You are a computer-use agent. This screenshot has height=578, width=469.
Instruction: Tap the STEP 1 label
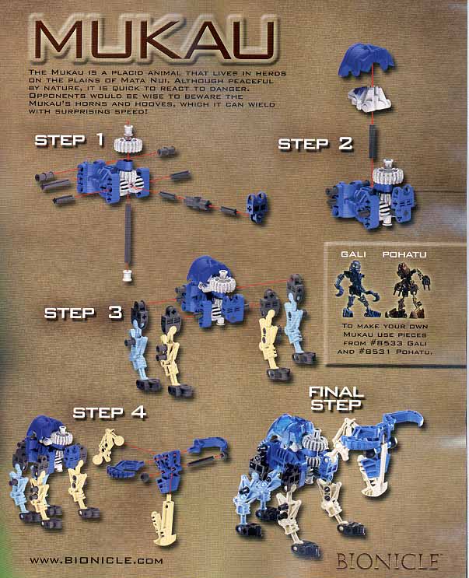[x=69, y=141]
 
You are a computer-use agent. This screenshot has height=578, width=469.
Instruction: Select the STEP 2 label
[x=315, y=144]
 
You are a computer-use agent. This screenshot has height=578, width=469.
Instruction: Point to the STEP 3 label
[x=83, y=313]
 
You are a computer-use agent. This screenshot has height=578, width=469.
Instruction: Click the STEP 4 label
[x=110, y=412]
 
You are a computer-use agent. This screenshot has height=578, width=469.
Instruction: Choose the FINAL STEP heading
[x=336, y=398]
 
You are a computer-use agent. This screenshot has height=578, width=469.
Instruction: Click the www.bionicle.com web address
[x=96, y=560]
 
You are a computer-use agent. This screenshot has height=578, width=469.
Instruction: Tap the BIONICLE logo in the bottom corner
[x=388, y=561]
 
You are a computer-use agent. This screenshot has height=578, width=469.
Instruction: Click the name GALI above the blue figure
[x=353, y=254]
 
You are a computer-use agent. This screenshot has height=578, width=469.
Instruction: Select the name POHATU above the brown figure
[x=404, y=254]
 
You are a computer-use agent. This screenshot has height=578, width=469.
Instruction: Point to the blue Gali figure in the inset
[x=356, y=289]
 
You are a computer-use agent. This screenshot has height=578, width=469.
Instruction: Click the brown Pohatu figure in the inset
[x=407, y=290]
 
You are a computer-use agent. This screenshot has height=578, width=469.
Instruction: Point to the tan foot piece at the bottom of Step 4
[x=165, y=520]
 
